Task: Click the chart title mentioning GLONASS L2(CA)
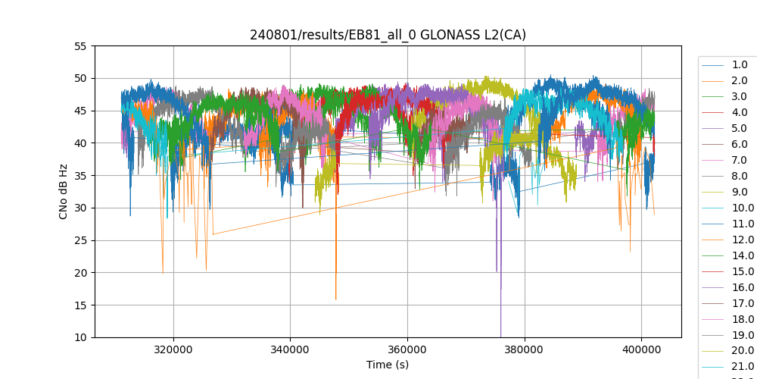(388, 35)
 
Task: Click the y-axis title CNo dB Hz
(64, 192)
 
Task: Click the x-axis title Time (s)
(388, 365)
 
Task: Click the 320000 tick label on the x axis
(173, 349)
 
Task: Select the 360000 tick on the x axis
(407, 349)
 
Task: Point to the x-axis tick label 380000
(524, 349)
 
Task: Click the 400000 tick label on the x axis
(641, 349)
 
